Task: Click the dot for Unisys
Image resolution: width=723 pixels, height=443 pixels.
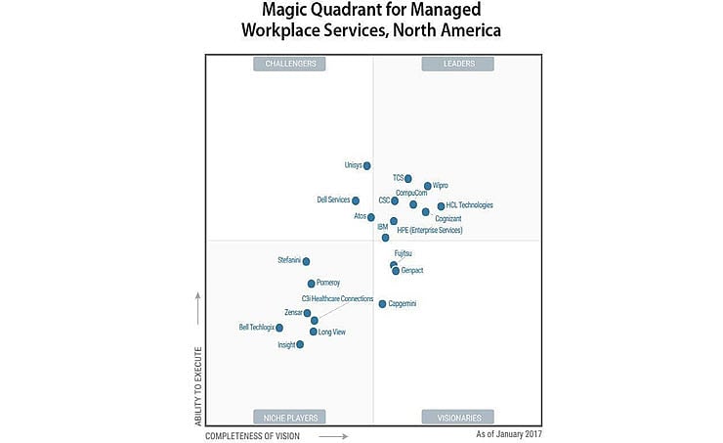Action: point(367,166)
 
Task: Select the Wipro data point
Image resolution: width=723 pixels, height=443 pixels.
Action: point(428,186)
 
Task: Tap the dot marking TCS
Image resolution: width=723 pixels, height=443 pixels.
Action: point(408,179)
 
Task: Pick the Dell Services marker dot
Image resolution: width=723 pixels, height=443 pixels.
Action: point(356,200)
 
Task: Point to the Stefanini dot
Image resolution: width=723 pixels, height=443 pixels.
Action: point(307,261)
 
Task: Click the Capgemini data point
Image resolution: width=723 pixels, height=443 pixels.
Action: point(383,303)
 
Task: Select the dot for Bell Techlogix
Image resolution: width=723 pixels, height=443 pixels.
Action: point(279,328)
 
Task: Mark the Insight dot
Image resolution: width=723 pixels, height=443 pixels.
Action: point(300,344)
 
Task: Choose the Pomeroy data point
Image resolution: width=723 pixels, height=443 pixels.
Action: point(312,284)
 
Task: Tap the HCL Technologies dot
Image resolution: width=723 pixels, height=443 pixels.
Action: point(441,206)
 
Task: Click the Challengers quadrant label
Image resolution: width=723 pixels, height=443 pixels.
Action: point(290,64)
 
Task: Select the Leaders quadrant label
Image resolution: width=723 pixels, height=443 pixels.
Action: point(457,64)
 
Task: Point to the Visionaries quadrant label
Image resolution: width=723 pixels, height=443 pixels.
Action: point(457,417)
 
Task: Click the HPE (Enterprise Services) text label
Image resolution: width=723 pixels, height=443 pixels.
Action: point(430,231)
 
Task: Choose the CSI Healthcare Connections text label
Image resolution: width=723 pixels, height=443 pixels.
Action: point(337,297)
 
